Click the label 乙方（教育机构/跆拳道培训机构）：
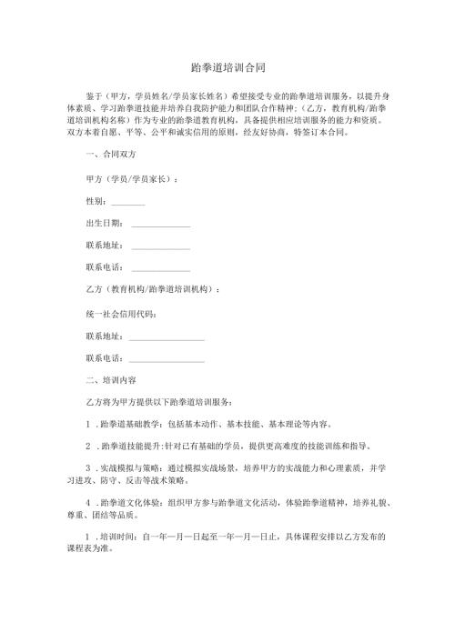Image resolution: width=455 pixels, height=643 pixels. pos(152,289)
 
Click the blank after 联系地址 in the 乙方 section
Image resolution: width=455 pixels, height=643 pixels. pos(167,337)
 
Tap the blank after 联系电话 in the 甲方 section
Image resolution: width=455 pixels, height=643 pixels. pos(161,269)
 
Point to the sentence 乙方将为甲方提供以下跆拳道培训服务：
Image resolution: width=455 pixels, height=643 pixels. pos(159,401)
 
